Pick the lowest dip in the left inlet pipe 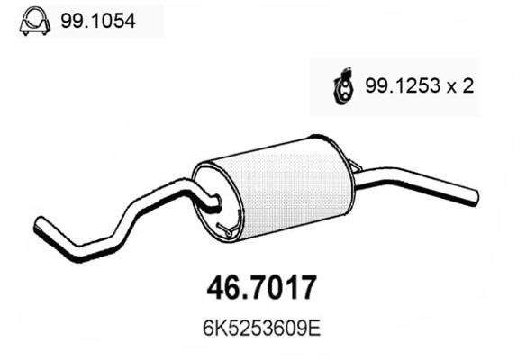[99, 243]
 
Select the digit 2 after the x [469, 87]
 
